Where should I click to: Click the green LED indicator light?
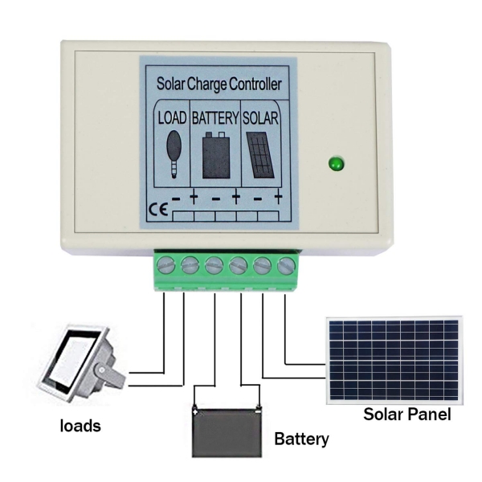(x=334, y=165)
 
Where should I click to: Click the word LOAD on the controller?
(x=173, y=118)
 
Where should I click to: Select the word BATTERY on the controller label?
(x=215, y=118)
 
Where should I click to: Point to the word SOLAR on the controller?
(x=260, y=118)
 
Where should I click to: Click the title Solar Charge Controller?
(x=218, y=83)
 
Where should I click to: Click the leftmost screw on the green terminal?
(x=166, y=264)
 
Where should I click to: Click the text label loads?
(x=81, y=426)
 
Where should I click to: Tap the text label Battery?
(x=301, y=439)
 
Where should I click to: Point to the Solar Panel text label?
(x=406, y=415)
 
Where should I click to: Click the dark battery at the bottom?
(x=227, y=431)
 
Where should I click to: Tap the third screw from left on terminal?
(x=214, y=264)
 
